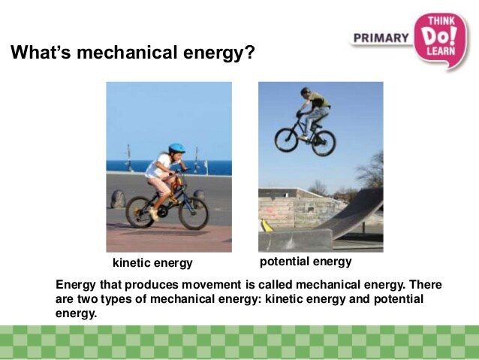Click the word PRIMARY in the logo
click(x=381, y=38)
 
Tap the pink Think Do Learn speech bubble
click(x=441, y=40)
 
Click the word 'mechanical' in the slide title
click(x=127, y=53)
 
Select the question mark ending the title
click(x=250, y=53)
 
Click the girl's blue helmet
click(x=176, y=148)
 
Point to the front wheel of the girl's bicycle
click(x=193, y=213)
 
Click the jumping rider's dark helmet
click(x=305, y=91)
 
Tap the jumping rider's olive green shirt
click(x=319, y=100)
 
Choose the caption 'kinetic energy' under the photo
click(x=152, y=263)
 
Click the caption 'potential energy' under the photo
click(x=306, y=262)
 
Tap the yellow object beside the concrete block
click(x=267, y=225)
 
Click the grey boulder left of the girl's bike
click(x=118, y=199)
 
